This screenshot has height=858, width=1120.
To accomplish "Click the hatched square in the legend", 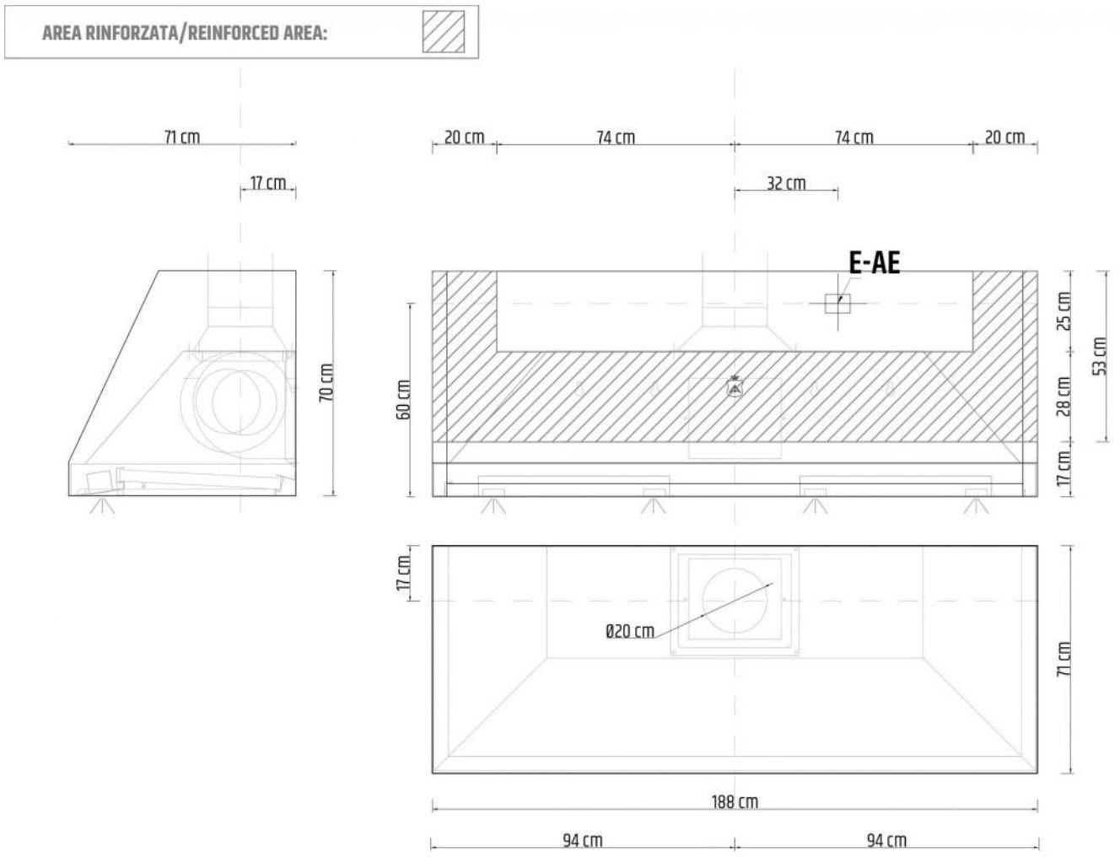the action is pyautogui.click(x=444, y=32).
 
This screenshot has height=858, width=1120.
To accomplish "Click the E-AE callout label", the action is pyautogui.click(x=874, y=263).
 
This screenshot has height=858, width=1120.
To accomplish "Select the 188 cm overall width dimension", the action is pyautogui.click(x=735, y=801).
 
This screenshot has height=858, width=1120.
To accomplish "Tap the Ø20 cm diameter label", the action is pyautogui.click(x=630, y=631).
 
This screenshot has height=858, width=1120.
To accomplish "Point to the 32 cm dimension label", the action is pyautogui.click(x=786, y=183).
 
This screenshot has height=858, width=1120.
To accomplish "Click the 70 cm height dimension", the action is pyautogui.click(x=326, y=382).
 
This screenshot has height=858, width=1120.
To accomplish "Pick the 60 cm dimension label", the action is pyautogui.click(x=404, y=399).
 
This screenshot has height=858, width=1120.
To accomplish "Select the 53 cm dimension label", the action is pyautogui.click(x=1100, y=356).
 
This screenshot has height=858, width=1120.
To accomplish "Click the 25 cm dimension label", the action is pyautogui.click(x=1063, y=311).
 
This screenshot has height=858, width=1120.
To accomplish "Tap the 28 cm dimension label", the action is pyautogui.click(x=1063, y=396).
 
